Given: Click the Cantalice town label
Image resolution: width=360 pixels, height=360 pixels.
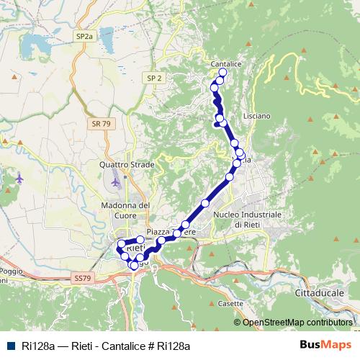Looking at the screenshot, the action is [225, 64].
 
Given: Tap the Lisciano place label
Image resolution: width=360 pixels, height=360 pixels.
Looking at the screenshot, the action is [256, 116].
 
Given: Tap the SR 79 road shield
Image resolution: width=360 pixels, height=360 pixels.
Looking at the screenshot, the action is [102, 125].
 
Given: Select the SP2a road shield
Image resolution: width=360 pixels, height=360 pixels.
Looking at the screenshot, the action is [84, 35].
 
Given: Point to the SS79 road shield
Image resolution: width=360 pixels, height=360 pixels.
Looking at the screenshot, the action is [83, 277].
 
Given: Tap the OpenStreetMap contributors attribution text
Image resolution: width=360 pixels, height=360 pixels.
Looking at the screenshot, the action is [297, 322].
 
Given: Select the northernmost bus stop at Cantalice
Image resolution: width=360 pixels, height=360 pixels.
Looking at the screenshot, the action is [222, 73].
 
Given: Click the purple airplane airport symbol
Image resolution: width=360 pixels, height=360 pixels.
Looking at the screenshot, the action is [18, 177].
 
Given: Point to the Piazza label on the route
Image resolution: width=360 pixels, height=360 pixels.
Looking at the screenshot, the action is [158, 231].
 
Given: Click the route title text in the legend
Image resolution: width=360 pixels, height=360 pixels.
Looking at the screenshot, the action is [106, 346].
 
